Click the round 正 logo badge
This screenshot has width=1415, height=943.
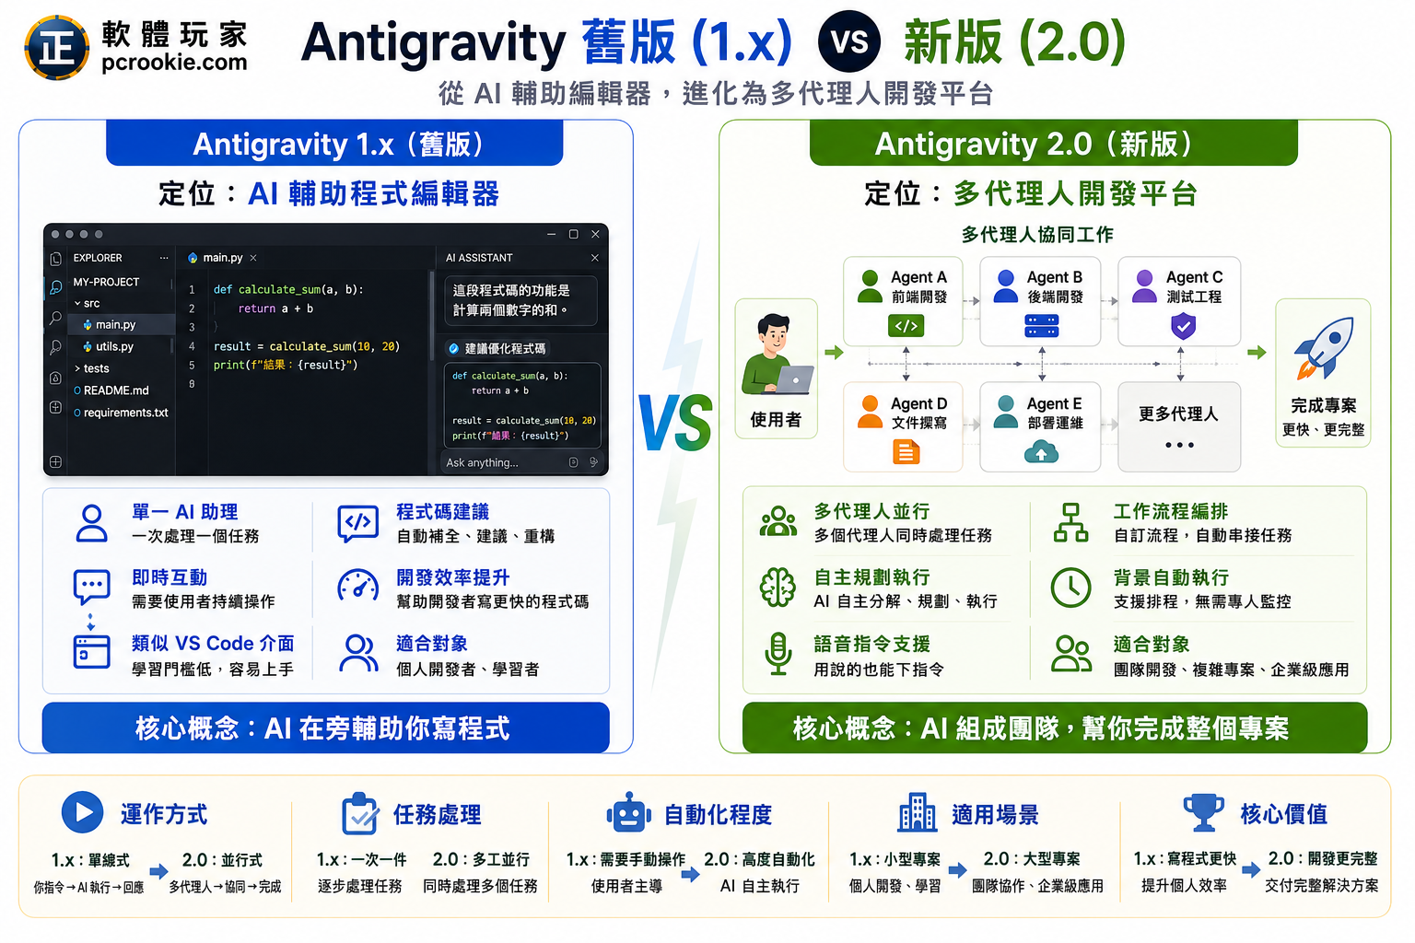point(57,47)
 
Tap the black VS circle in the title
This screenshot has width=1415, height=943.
point(848,41)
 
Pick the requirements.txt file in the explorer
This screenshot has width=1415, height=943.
point(121,413)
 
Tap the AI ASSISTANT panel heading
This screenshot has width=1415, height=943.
point(479,258)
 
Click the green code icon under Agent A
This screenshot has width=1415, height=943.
point(906,326)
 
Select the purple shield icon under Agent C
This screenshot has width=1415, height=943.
point(1183,327)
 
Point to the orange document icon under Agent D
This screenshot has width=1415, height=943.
point(906,452)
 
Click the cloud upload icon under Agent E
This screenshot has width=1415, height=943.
point(1041,452)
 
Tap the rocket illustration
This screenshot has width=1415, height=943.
point(1324,347)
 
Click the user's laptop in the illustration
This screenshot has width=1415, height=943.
point(795,379)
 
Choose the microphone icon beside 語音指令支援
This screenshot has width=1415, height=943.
point(778,654)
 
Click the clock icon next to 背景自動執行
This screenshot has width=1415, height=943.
point(1070,588)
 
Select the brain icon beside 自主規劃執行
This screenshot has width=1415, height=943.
point(778,588)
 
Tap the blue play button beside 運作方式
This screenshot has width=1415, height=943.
point(82,812)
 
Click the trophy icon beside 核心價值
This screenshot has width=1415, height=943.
point(1203,812)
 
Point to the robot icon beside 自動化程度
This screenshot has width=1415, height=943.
point(628,812)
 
